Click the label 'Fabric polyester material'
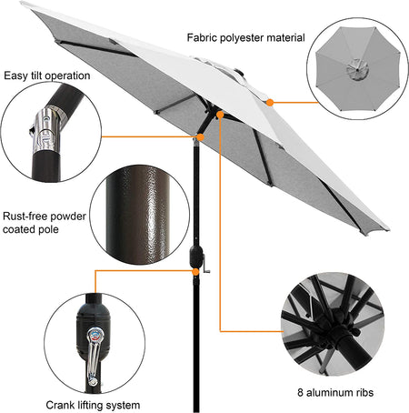pos(245,38)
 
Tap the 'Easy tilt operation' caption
pos(47,76)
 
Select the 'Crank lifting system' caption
pos(93,405)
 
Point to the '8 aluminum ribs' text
pos(335,392)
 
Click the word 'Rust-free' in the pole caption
pos(25,217)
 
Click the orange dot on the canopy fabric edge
pos(270,103)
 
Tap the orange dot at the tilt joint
pos(200,137)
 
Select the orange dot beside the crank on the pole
pos(195,272)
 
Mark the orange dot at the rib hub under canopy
pos(220,115)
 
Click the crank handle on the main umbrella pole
pos(205,265)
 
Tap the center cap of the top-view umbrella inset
pos(357,69)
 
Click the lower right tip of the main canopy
pos(388,229)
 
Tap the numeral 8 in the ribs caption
pos(300,392)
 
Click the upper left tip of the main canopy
pos(21,3)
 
